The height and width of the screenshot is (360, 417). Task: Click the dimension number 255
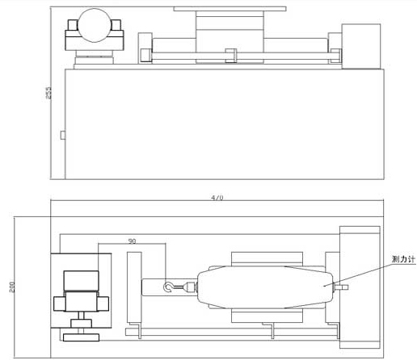(48, 93)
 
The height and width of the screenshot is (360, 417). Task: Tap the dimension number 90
(132, 241)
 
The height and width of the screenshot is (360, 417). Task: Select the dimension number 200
(12, 287)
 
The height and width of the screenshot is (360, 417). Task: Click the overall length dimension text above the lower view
(217, 198)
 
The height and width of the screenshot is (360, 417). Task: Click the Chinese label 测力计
(403, 259)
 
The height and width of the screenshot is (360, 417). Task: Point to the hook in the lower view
(167, 287)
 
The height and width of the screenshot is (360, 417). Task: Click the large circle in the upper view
(95, 25)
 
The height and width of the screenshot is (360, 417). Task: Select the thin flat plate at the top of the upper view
(230, 9)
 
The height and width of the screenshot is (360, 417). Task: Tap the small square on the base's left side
(63, 135)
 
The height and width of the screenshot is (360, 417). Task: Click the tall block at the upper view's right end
(361, 46)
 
